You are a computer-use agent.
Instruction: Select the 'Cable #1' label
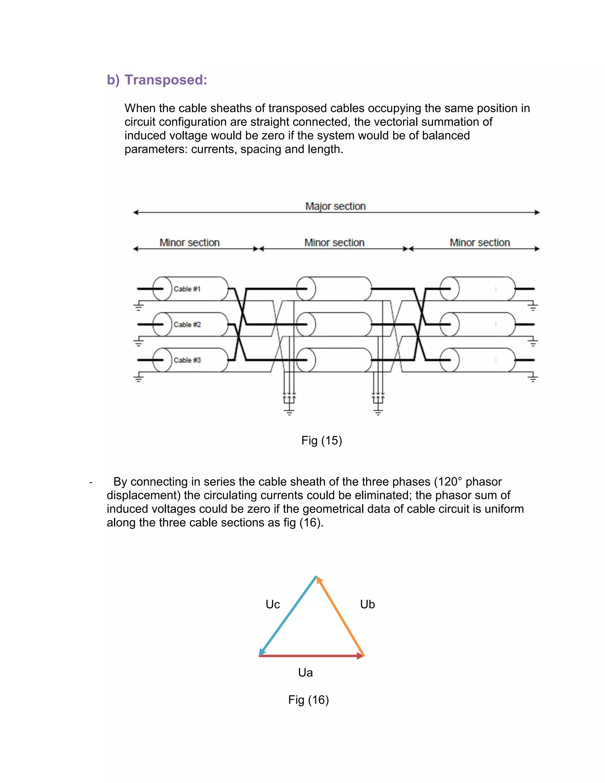pos(187,289)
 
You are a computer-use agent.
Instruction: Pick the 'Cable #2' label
pos(187,324)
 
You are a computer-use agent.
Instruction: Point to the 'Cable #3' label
pos(187,360)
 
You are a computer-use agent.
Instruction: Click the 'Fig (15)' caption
pos(321,440)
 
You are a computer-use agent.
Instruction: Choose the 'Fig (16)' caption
pos(308,699)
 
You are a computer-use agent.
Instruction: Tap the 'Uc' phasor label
pos(272,604)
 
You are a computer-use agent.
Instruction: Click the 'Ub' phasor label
pos(367,604)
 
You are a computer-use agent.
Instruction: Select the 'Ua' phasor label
pos(305,672)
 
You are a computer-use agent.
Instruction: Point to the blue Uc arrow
pos(287,616)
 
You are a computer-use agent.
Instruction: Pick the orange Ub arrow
pos(341,616)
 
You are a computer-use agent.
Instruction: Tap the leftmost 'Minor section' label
pos(189,243)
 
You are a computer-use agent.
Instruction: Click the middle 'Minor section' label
pos(334,243)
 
